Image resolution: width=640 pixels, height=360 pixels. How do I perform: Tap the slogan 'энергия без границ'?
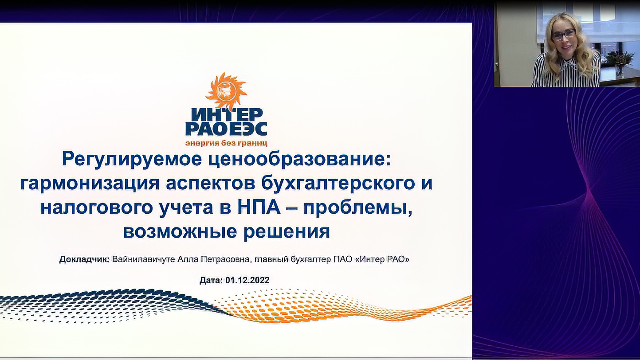(x=226, y=143)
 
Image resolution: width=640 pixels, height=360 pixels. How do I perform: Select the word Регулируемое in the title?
(x=132, y=160)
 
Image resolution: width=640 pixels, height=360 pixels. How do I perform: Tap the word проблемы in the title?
(x=358, y=208)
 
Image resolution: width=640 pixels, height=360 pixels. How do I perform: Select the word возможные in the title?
(x=180, y=231)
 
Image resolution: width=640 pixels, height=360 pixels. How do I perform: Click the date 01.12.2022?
(x=247, y=280)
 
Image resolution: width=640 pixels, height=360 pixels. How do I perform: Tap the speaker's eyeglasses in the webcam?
(x=563, y=35)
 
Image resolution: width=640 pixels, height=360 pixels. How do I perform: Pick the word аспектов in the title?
(x=210, y=184)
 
